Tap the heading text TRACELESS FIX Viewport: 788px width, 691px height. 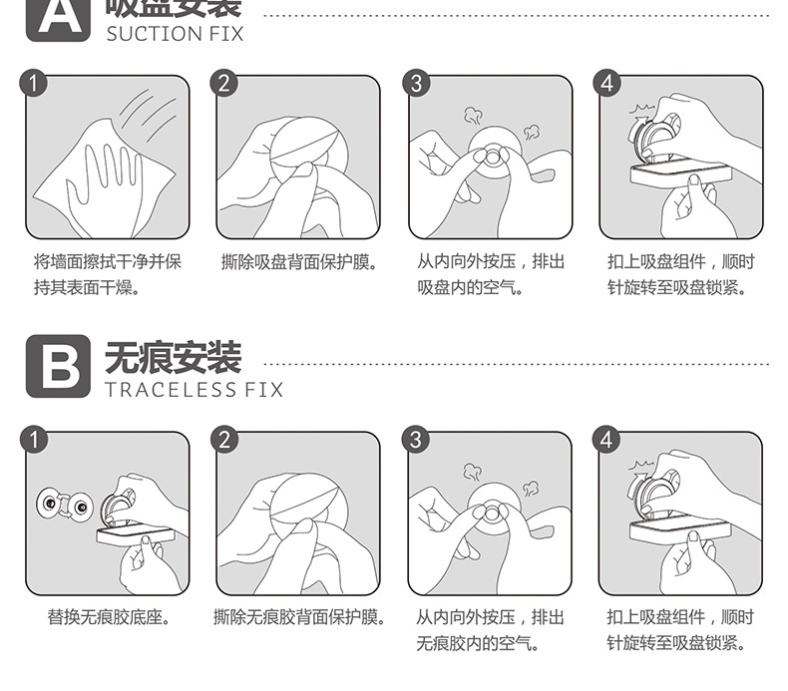point(195,389)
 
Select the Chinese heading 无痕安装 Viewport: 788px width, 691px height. point(174,356)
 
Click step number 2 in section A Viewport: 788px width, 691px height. point(224,84)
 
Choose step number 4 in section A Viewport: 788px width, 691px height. point(608,84)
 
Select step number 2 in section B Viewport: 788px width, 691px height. point(224,440)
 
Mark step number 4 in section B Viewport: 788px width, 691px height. point(608,440)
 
